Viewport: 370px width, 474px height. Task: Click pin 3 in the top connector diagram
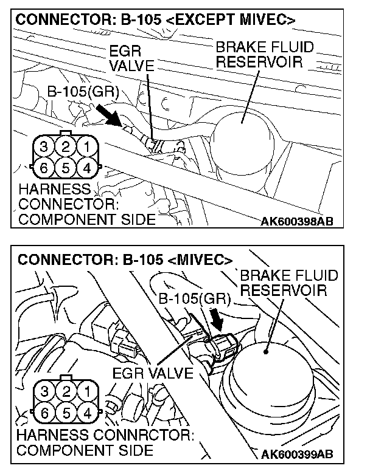coord(44,147)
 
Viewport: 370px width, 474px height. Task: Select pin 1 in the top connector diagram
coord(88,147)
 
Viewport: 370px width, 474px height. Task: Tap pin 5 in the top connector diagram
coord(66,167)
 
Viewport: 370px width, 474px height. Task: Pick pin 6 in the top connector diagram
coord(44,167)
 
